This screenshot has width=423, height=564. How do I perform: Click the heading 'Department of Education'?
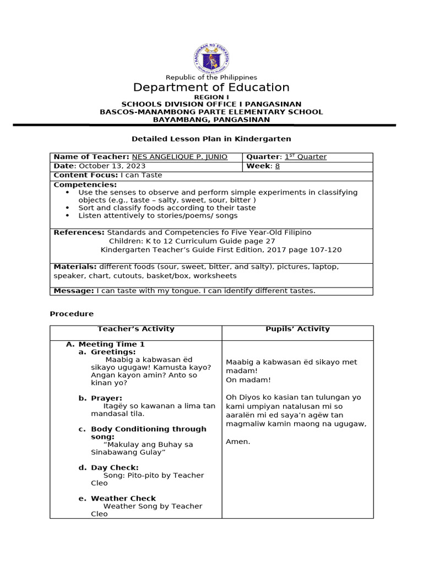[211, 88]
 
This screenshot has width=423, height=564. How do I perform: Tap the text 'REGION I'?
[211, 97]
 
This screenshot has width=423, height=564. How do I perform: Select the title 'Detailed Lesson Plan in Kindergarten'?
[211, 139]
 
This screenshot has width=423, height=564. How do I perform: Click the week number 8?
[278, 166]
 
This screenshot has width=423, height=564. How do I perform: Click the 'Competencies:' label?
[85, 185]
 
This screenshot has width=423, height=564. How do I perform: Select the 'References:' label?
[79, 232]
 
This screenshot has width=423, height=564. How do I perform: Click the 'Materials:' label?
[75, 267]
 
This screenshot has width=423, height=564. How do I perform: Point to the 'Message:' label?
[74, 291]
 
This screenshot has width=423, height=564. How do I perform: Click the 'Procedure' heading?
[72, 314]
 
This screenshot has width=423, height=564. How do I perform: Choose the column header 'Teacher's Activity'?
[135, 329]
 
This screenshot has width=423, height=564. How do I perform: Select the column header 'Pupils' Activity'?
[297, 329]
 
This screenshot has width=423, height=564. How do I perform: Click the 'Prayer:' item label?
[106, 398]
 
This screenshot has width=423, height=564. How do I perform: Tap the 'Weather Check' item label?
[123, 498]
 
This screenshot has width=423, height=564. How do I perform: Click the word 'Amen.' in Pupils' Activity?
[238, 441]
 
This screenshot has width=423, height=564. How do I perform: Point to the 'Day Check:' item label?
[115, 468]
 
